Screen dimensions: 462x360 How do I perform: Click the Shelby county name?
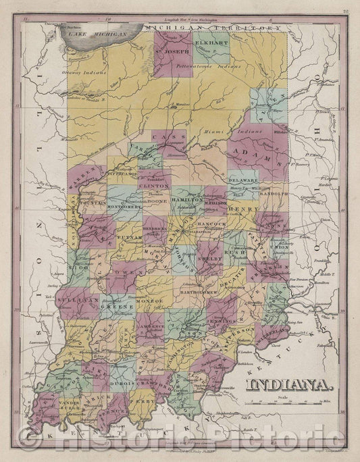click(x=209, y=257)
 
